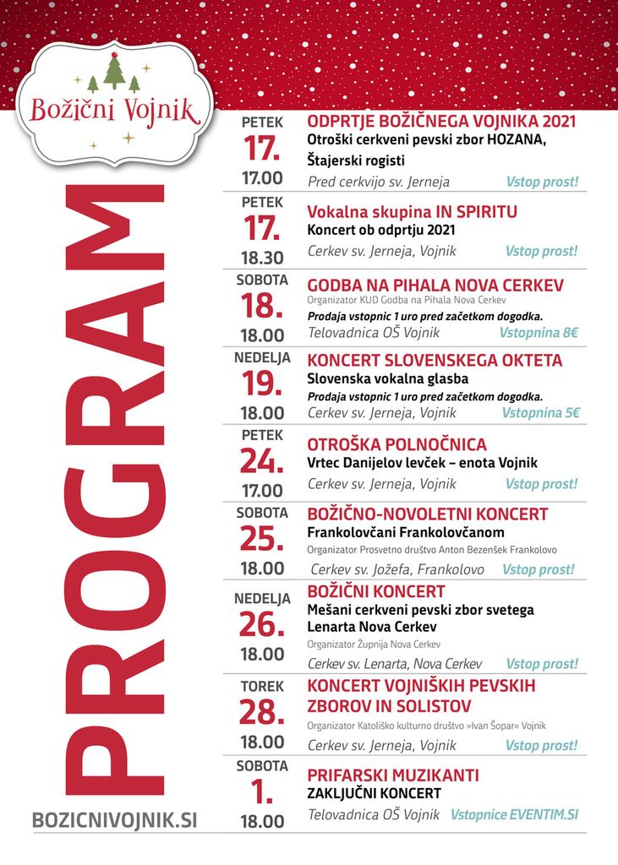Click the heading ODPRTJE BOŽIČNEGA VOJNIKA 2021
[x=441, y=121]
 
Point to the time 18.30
[x=262, y=258]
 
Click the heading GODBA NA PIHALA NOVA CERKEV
[x=435, y=286]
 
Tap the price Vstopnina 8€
[x=539, y=333]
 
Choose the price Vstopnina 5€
[x=540, y=413]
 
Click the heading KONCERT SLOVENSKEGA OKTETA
[x=435, y=361]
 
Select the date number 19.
[x=262, y=384]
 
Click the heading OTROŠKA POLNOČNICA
[x=397, y=444]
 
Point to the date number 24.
[x=262, y=461]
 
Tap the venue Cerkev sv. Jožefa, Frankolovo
[x=397, y=569]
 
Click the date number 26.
[x=262, y=625]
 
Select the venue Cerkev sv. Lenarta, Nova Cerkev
[x=395, y=664]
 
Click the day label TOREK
[x=262, y=687]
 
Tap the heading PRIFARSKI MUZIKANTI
[x=393, y=775]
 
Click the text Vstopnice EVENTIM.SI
[x=515, y=815]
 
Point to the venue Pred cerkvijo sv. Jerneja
[x=379, y=182]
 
